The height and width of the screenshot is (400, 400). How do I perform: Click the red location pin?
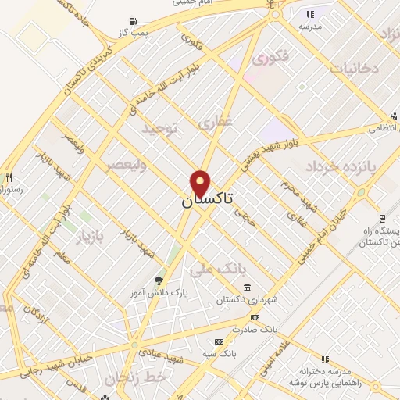tap(202, 183)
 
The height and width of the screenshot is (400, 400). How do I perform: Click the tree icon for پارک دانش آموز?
tap(160, 280)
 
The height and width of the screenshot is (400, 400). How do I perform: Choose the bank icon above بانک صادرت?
tap(255, 317)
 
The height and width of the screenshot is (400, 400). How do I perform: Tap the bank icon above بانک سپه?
tap(219, 341)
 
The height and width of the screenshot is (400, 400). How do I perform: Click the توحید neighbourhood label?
tap(160, 130)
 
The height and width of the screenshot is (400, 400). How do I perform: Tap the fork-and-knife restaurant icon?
tap(9, 177)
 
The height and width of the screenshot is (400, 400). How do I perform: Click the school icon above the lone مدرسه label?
tap(311, 14)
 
